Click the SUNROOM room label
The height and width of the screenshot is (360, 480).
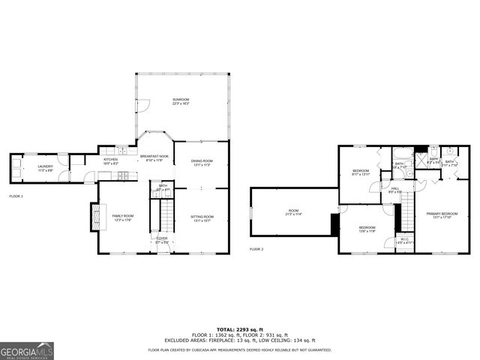coord(181,100)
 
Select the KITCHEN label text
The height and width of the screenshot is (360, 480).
coord(110,160)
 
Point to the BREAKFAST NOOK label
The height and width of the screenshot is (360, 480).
coord(154,157)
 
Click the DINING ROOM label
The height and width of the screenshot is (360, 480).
coord(201,161)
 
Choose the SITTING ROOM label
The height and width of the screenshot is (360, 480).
coord(202,217)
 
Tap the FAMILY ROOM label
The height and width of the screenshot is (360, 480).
coord(123,216)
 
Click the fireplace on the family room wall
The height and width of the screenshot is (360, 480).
coord(95,217)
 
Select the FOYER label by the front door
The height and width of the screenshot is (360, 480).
coord(162,238)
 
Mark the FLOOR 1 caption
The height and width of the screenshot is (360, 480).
coord(16,196)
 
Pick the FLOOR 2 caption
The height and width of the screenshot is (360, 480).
coord(256,248)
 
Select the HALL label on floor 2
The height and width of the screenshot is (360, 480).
coord(394,189)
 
